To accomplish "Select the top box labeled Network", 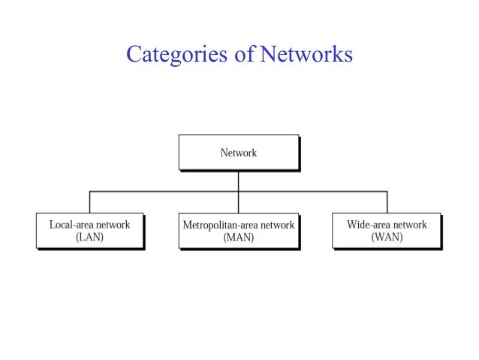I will point(238,153).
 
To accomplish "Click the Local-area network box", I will point(89,231).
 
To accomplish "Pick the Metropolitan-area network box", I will point(238,231).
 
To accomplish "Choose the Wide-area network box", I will point(387,231).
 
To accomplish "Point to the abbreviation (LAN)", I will point(89,237).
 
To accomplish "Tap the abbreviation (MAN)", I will point(239,237).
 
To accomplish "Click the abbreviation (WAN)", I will point(387,237).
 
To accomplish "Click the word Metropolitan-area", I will point(220,225).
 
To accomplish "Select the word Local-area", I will point(72,225).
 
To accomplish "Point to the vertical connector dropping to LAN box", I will point(90,202).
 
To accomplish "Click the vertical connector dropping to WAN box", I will point(387,202).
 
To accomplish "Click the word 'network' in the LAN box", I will point(113,225).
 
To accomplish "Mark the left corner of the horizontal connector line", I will point(90,192).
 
